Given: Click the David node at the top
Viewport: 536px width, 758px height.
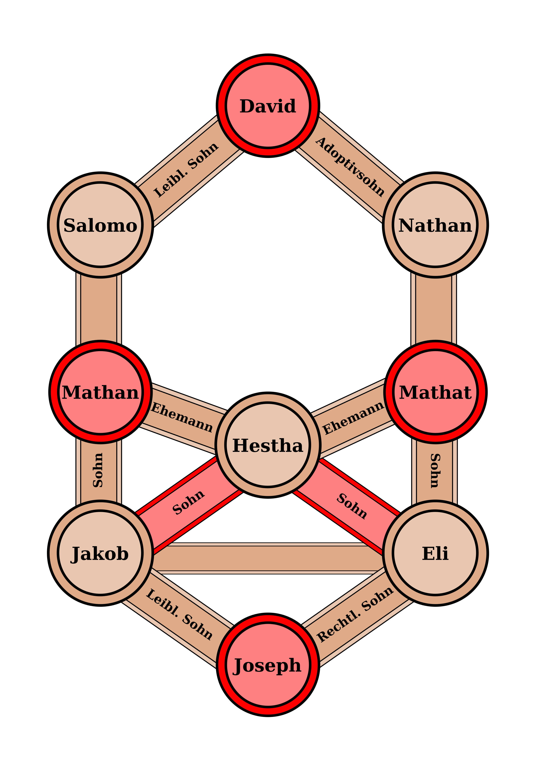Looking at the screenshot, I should coord(268,106).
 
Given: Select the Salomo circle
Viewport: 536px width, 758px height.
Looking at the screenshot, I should coord(100,225).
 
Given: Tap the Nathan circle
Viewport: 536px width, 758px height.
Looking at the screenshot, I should coord(435,225).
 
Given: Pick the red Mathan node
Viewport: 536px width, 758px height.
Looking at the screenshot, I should coord(100,392).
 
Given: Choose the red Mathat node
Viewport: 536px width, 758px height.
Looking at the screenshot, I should coord(435,392).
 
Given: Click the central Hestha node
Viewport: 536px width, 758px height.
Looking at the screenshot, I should coord(268,445).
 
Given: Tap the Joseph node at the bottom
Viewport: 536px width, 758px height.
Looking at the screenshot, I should coord(268,665).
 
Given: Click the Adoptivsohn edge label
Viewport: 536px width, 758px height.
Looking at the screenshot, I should coord(350,167).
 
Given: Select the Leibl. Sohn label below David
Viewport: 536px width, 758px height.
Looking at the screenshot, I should coord(186,170).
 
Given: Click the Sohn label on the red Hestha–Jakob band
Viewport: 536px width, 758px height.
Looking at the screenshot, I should coord(188,502).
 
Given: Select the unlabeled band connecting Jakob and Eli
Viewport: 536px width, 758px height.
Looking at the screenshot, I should coord(268,558).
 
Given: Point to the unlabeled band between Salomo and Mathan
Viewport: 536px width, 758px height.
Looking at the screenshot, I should coord(99,309).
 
